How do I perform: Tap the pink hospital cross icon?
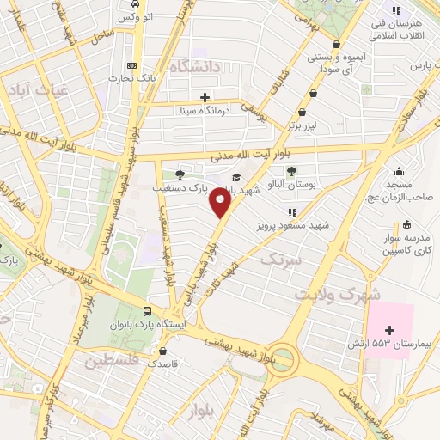click(390, 330)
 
